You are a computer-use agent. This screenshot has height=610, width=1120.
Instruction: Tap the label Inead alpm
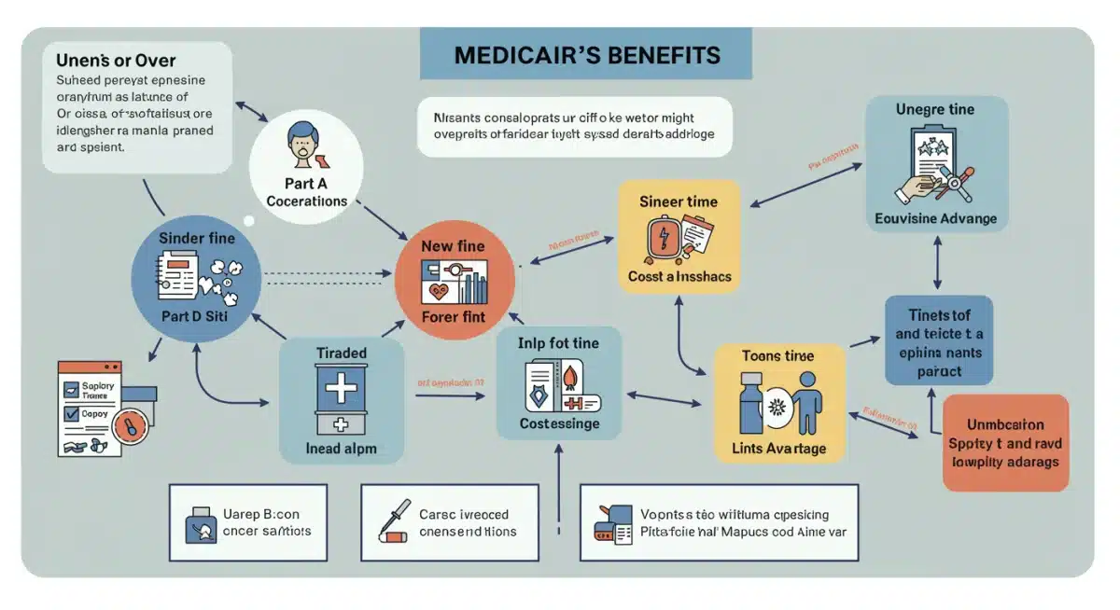[342, 449]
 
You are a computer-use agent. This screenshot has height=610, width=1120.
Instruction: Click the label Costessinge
[559, 423]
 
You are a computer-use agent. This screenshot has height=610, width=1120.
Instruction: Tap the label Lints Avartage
[778, 449]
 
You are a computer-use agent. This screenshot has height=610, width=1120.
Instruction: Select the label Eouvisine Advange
[936, 219]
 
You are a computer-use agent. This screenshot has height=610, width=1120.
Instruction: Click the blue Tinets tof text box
[938, 341]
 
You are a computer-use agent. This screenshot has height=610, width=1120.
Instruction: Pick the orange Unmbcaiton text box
[1006, 443]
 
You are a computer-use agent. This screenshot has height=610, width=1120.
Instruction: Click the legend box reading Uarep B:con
[248, 522]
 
